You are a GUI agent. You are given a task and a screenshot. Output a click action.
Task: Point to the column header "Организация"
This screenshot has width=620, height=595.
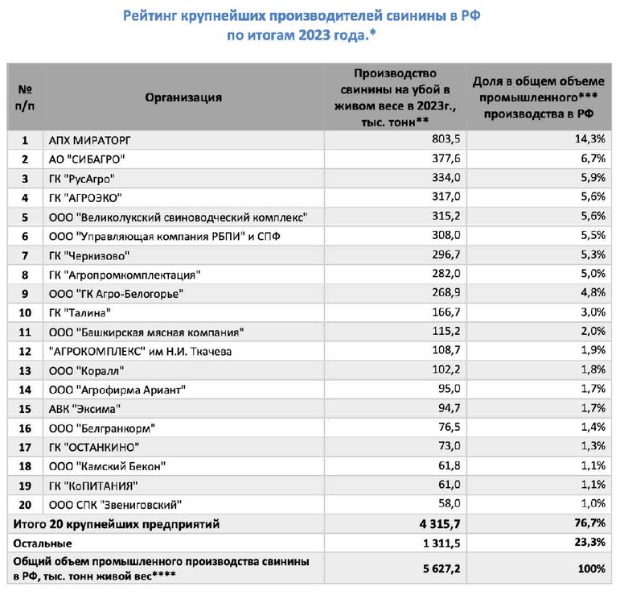[x=183, y=97]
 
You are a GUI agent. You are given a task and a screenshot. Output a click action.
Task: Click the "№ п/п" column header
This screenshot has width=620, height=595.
[x=26, y=97]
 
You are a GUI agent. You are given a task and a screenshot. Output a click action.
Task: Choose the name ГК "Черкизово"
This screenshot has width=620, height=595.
[x=84, y=255]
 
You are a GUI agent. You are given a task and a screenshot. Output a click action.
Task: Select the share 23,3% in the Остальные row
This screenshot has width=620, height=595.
[x=590, y=543]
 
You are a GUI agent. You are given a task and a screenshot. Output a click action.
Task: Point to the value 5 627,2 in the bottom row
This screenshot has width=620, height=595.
[x=440, y=569]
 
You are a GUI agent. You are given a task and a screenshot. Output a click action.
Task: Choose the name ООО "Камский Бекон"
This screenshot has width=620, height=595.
[x=107, y=466]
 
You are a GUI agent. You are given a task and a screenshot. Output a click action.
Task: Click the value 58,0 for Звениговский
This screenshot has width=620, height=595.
[x=449, y=505]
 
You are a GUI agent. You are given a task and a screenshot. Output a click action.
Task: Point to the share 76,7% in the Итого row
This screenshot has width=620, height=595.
[x=590, y=524]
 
